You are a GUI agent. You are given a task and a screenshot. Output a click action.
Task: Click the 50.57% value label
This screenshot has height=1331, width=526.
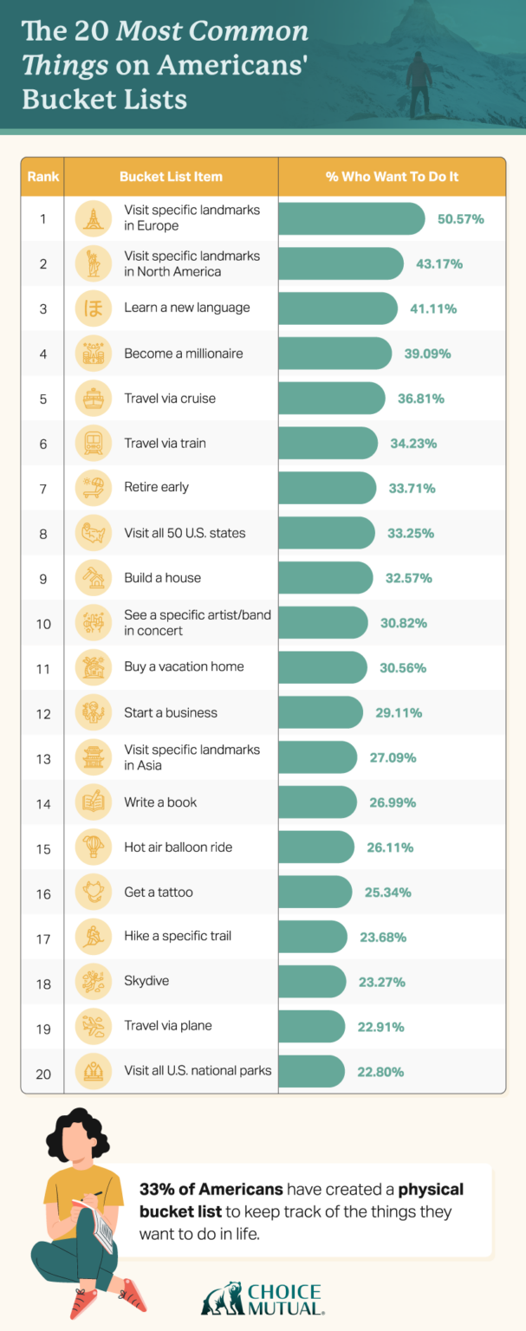pyautogui.click(x=460, y=218)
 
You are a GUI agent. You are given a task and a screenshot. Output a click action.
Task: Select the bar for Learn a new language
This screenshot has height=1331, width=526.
pyautogui.click(x=337, y=308)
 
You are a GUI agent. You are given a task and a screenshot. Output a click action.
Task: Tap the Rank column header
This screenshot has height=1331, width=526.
pyautogui.click(x=42, y=177)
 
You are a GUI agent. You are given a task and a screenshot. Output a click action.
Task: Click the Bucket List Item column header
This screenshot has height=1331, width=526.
pyautogui.click(x=171, y=177)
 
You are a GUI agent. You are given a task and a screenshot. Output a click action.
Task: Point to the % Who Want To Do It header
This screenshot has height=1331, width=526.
pyautogui.click(x=392, y=177)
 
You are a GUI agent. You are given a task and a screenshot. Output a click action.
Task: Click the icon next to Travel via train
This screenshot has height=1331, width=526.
pyautogui.click(x=92, y=444)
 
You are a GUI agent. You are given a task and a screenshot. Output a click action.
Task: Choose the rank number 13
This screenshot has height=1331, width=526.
pyautogui.click(x=42, y=757)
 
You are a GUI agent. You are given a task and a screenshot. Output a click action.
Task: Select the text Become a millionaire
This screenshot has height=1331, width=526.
pyautogui.click(x=183, y=354)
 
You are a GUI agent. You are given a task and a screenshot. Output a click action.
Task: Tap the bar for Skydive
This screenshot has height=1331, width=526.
pyautogui.click(x=312, y=982)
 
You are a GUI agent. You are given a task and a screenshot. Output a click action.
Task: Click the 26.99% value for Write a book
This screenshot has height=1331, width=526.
pyautogui.click(x=392, y=802)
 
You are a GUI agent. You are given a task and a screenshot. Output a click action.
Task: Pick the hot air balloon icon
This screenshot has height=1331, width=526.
pyautogui.click(x=92, y=847)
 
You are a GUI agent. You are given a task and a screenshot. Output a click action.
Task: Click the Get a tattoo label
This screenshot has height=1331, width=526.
pyautogui.click(x=159, y=892)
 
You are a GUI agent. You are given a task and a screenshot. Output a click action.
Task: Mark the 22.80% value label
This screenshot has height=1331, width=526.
pyautogui.click(x=380, y=1072)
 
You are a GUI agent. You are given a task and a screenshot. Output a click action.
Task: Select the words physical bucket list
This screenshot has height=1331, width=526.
pyautogui.click(x=302, y=1199)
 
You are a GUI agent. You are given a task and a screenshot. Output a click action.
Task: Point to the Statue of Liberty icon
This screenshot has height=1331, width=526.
pyautogui.click(x=92, y=263)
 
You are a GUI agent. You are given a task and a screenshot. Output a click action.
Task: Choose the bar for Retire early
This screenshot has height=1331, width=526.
pyautogui.click(x=327, y=488)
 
